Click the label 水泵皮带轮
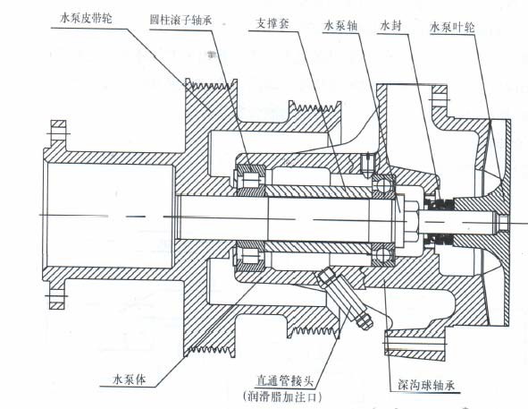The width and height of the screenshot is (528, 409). point(86,17)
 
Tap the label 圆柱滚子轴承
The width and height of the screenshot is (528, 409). point(181,20)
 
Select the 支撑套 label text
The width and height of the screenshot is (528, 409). point(272,23)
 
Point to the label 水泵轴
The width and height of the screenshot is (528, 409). point(339,25)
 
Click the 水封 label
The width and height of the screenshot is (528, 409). point(390,26)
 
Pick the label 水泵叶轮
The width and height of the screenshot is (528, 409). point(452,27)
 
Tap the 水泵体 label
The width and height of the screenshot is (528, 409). point(130,379)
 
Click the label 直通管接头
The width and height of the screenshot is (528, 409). point(285,381)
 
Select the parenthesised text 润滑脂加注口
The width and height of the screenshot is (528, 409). point(281,396)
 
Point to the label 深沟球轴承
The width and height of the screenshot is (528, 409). point(426,385)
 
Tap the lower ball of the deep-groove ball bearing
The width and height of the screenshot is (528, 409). point(383,254)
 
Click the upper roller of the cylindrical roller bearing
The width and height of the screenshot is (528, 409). point(251,179)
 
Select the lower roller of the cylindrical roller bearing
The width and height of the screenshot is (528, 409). point(250,255)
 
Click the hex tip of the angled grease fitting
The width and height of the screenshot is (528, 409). point(365,321)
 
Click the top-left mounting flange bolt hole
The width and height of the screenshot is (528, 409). point(59,133)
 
